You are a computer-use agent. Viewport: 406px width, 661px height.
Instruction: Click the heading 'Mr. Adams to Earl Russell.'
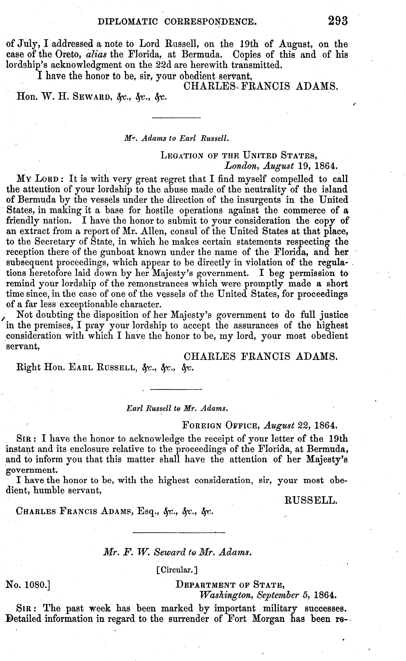coord(177,138)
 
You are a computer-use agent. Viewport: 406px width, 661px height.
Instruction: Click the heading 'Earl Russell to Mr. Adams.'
coord(177,409)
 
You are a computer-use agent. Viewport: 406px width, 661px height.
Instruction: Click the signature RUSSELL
coord(311,500)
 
